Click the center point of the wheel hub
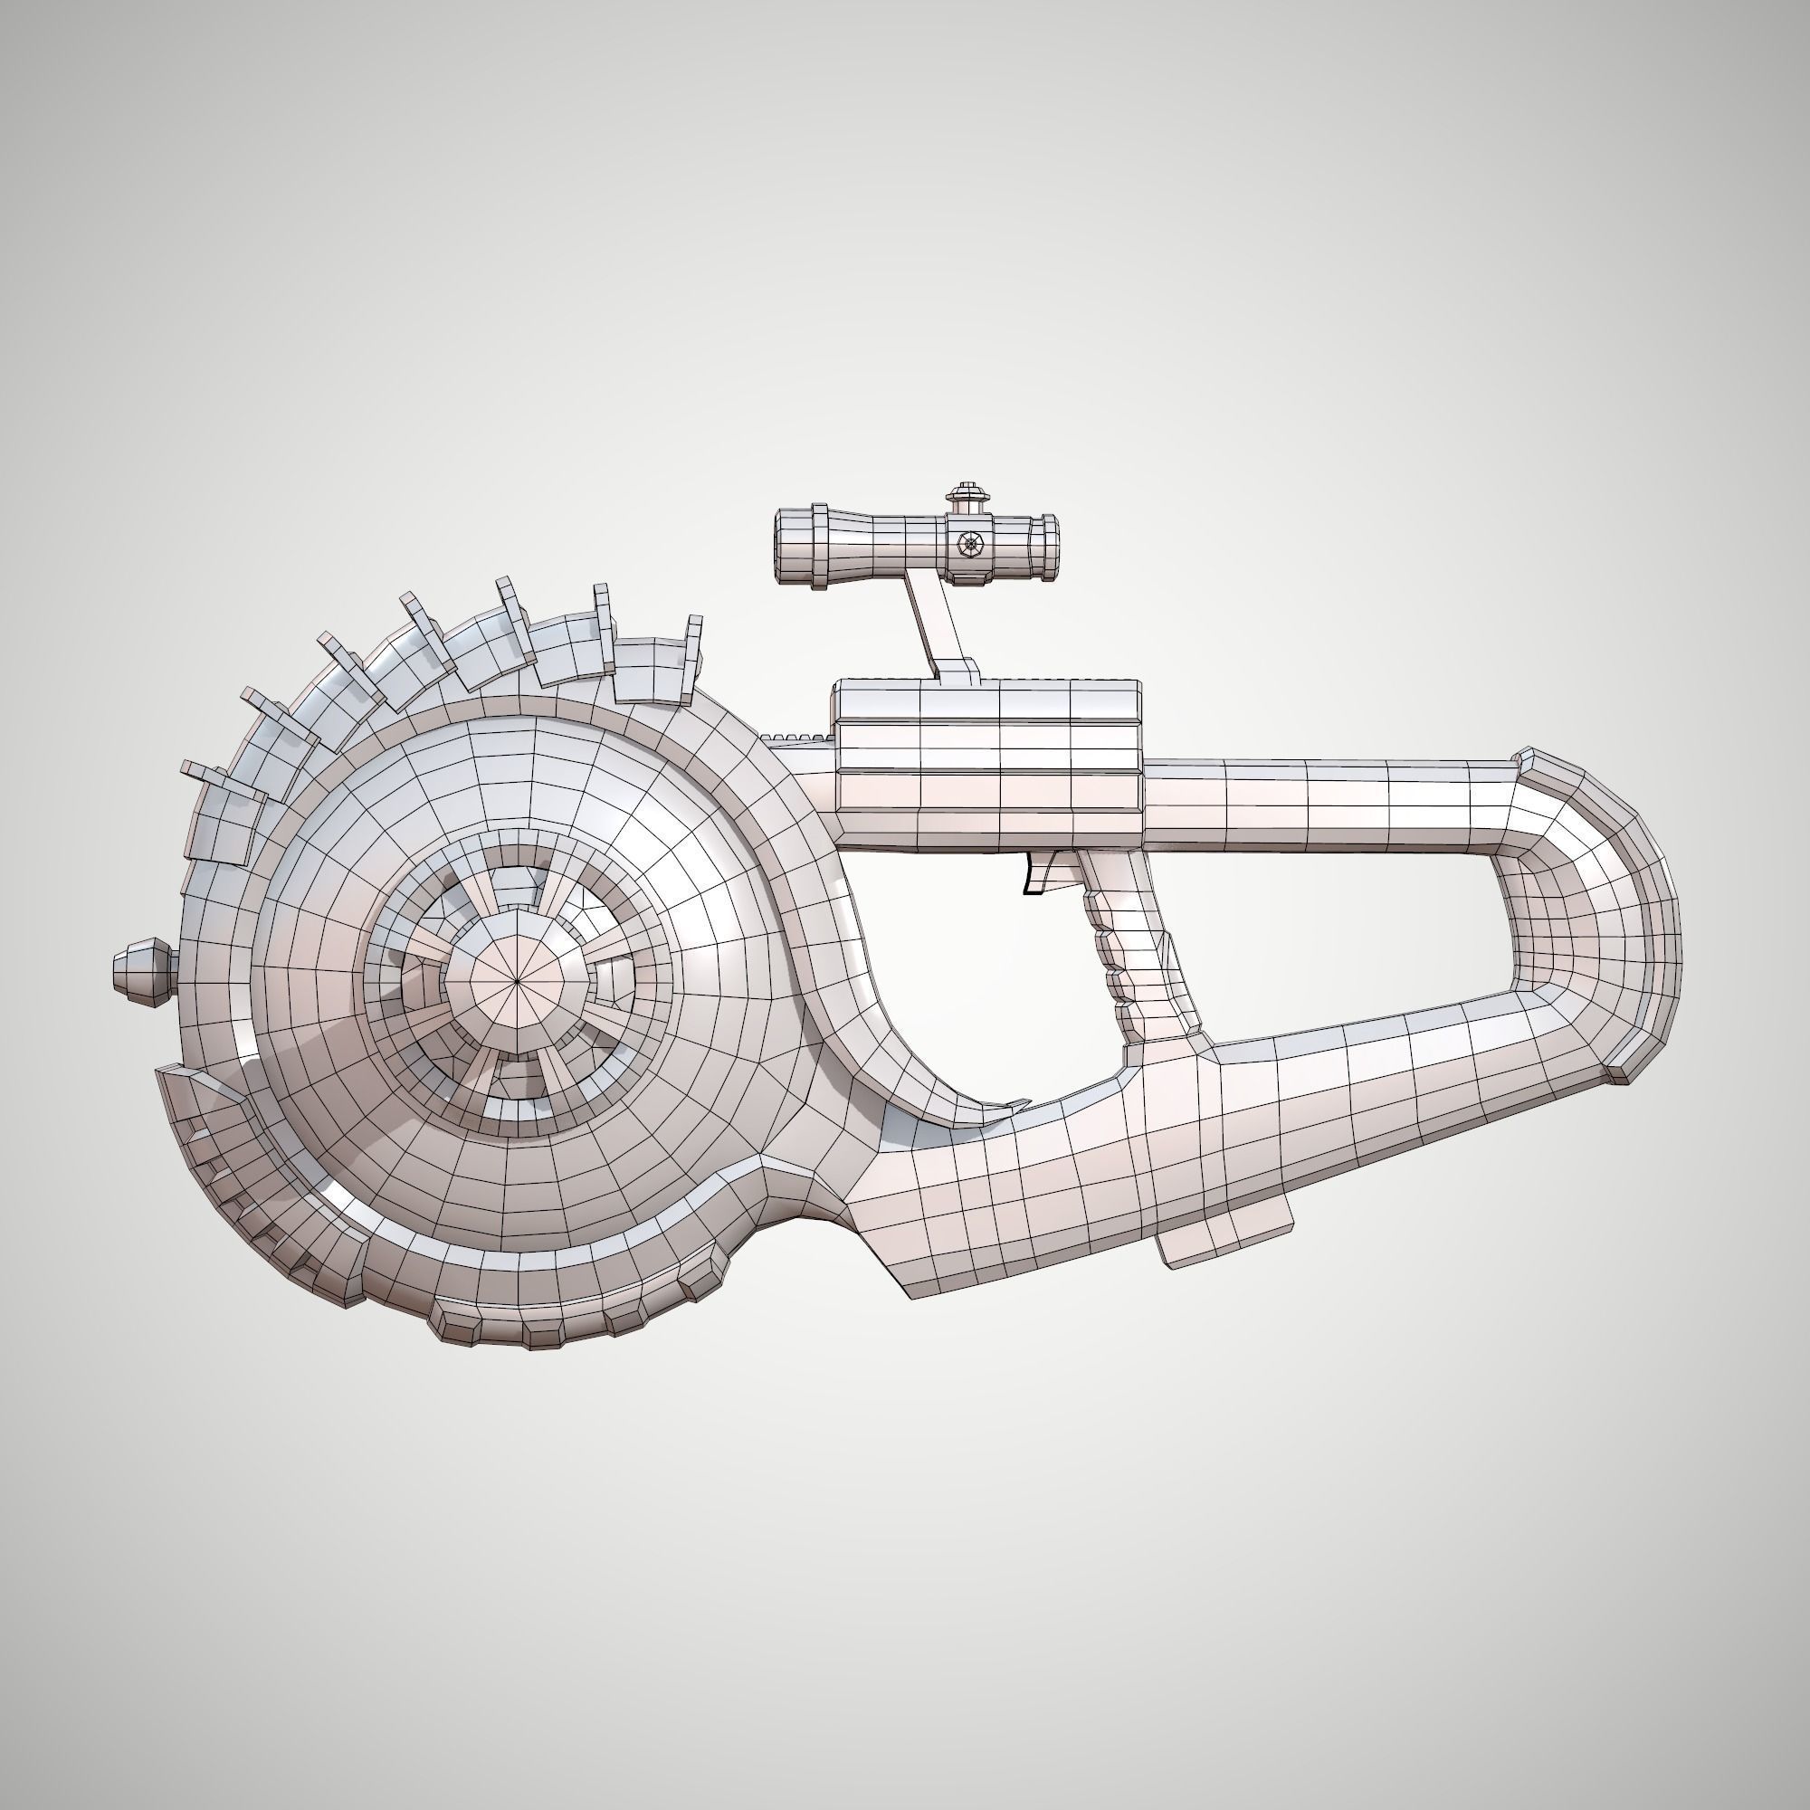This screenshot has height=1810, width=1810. click(517, 981)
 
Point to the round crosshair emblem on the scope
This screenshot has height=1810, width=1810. click(968, 542)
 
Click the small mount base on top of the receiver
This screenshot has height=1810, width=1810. click(956, 672)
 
